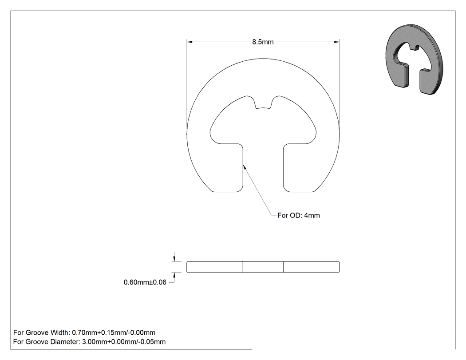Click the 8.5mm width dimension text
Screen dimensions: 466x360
[263, 42]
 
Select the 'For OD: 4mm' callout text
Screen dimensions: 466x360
[298, 215]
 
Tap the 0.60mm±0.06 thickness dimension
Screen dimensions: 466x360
[145, 282]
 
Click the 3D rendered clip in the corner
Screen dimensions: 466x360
[414, 60]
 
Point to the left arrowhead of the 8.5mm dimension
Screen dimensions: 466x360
[190, 42]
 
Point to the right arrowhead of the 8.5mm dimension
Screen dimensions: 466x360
[336, 42]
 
